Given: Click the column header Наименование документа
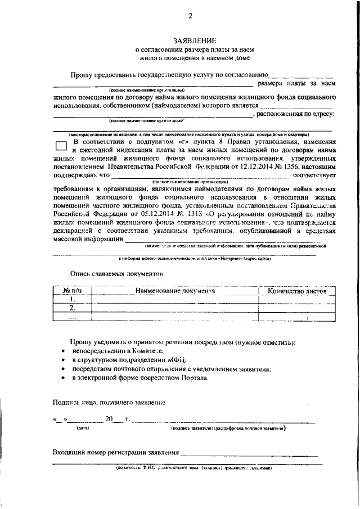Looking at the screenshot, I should (x=175, y=291).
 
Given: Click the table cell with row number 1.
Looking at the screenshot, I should (x=72, y=300).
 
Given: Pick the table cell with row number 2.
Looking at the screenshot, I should (x=72, y=308).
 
